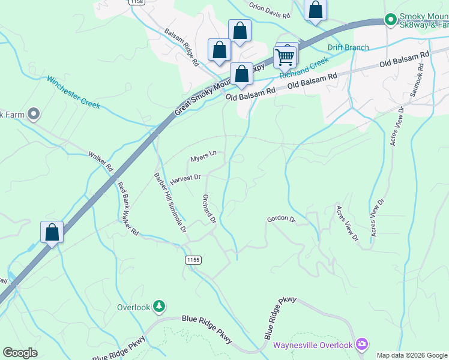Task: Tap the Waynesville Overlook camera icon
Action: pyautogui.click(x=361, y=344)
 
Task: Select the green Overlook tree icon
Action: pyautogui.click(x=158, y=307)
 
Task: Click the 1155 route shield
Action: pyautogui.click(x=193, y=260)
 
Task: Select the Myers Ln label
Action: pyautogui.click(x=203, y=157)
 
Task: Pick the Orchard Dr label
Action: pyautogui.click(x=209, y=208)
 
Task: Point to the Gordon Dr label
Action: pyautogui.click(x=282, y=220)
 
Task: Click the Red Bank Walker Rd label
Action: pyautogui.click(x=128, y=208)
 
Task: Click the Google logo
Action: pyautogui.click(x=20, y=352)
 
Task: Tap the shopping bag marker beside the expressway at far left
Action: pyautogui.click(x=52, y=232)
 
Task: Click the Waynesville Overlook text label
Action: pyautogui.click(x=312, y=345)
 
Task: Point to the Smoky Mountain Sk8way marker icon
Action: pyautogui.click(x=391, y=20)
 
